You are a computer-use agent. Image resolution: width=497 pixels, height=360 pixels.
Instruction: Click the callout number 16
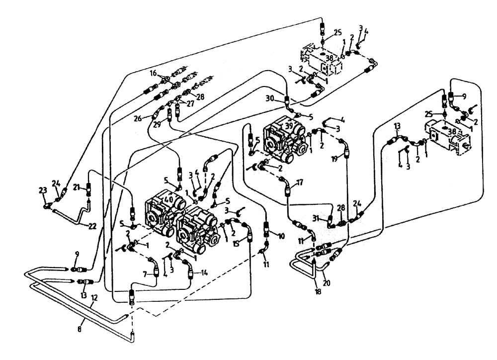(154, 73)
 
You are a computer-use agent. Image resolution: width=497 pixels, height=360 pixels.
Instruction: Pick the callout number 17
(300, 182)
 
